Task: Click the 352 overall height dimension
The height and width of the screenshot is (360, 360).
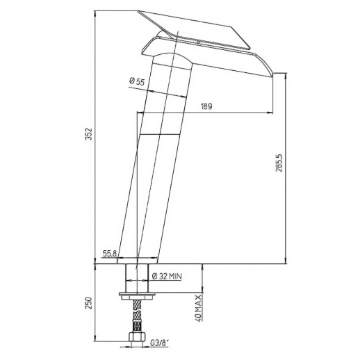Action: point(89,134)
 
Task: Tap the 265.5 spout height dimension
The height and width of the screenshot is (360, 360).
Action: point(279,163)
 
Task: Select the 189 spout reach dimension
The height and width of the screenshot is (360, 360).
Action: point(206,106)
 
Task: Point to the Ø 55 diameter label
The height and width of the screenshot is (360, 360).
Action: point(137,81)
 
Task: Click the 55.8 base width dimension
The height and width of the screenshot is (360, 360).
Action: point(110,254)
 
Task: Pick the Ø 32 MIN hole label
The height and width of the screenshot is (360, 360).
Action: point(167,276)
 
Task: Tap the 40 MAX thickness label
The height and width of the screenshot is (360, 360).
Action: point(199,308)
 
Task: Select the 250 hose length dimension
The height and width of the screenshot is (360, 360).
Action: point(89,303)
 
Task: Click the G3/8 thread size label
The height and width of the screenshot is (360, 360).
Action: point(158,343)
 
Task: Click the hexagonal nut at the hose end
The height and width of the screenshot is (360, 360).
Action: point(137,337)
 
